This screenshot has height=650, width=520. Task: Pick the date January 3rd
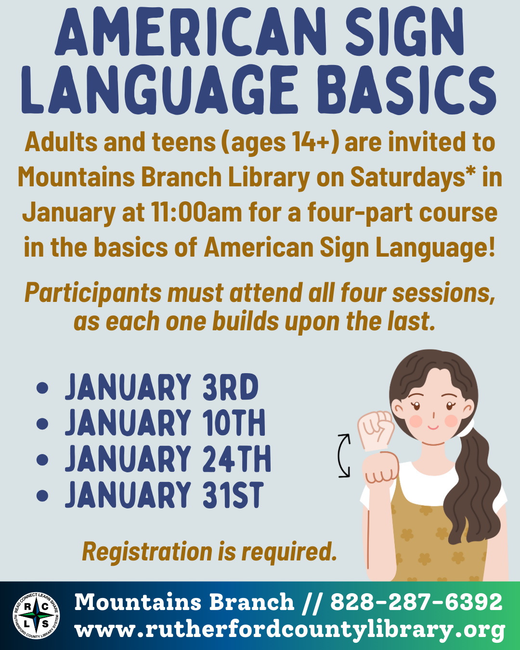(162, 388)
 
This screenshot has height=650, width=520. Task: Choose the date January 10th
(165, 423)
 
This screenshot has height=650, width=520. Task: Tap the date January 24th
(168, 459)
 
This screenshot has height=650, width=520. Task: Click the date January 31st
(164, 495)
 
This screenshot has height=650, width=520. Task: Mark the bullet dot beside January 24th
(42, 459)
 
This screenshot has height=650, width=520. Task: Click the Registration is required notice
(209, 552)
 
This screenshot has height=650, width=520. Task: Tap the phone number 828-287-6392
(416, 602)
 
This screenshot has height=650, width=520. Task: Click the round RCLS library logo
(36, 616)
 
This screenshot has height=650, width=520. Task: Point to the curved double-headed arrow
(343, 455)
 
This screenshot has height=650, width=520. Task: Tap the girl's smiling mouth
(433, 427)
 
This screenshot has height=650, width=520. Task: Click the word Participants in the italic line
(93, 293)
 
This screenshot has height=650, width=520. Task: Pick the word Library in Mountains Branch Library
(269, 177)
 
